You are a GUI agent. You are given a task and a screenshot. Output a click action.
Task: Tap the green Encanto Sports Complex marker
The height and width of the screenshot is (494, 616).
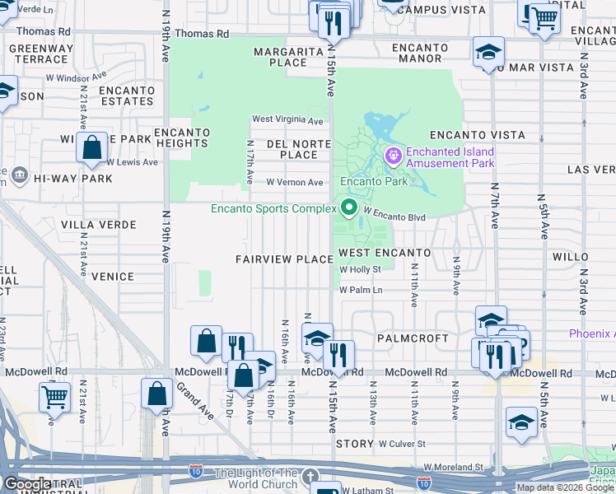(349, 207)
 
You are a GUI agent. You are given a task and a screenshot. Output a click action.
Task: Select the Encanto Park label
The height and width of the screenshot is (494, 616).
(369, 181)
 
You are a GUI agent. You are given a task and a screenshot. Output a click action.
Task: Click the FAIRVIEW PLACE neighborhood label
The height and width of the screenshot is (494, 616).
(284, 259)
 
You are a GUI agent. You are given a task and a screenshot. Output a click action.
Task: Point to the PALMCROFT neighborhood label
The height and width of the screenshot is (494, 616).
(413, 338)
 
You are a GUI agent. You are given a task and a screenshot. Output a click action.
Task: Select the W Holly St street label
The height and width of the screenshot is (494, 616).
(361, 269)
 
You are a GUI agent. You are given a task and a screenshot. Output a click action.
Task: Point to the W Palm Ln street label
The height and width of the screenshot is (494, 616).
(362, 290)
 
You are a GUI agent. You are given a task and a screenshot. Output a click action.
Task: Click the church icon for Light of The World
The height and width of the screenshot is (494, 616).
(309, 478)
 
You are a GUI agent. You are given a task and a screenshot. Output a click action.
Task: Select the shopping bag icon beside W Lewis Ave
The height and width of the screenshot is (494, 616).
(92, 148)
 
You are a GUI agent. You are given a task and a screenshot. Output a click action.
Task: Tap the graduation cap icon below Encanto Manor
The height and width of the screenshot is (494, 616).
(488, 53)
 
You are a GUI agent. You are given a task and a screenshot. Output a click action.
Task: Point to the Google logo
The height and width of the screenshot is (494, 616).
(27, 484)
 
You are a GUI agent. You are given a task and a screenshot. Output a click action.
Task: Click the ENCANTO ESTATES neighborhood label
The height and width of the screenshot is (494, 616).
(126, 96)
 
